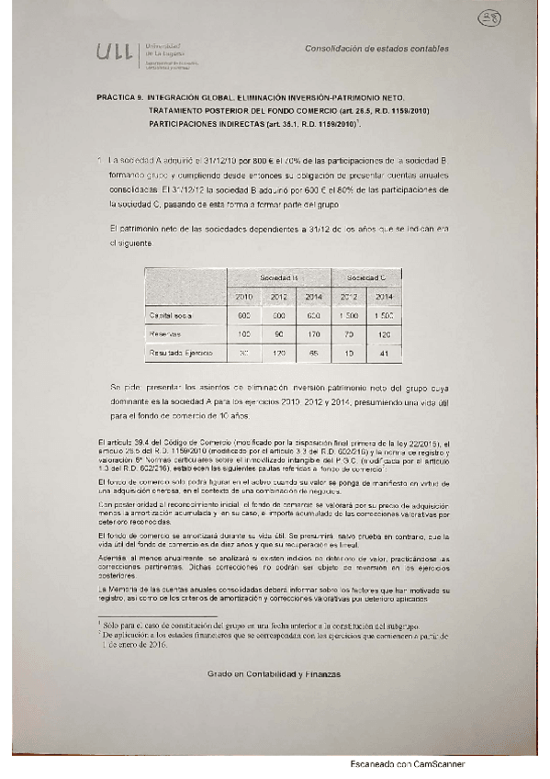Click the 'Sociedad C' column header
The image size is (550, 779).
(366, 277)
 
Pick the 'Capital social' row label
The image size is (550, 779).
(173, 315)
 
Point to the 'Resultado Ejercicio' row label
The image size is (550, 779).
(181, 352)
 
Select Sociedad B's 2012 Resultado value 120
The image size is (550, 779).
(278, 352)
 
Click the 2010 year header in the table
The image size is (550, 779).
(243, 297)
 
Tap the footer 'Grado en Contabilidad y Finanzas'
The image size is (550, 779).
(274, 673)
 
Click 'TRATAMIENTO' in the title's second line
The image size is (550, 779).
(183, 109)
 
